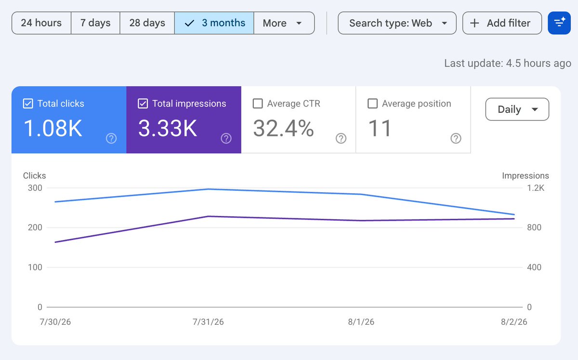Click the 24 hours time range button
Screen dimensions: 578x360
(x=41, y=23)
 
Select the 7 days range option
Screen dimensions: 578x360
(x=95, y=23)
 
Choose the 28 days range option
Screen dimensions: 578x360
(x=147, y=23)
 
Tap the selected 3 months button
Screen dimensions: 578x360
(x=214, y=23)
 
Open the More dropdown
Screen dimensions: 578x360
(x=284, y=23)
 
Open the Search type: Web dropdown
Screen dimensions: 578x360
(x=397, y=23)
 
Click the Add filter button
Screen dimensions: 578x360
(x=502, y=23)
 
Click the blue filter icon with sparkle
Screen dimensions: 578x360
(x=559, y=23)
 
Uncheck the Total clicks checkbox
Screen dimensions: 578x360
(x=28, y=104)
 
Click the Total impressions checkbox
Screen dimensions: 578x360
(x=143, y=104)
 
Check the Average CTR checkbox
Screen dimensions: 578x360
(x=258, y=104)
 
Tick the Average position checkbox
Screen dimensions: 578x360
(x=372, y=104)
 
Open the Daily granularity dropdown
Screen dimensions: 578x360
(x=517, y=109)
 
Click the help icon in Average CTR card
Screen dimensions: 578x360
(x=341, y=138)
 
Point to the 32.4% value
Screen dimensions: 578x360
(x=283, y=128)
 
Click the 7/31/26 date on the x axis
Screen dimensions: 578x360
(x=208, y=322)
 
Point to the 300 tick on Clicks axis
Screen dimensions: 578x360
(x=35, y=188)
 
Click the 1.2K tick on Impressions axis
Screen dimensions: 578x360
(x=536, y=188)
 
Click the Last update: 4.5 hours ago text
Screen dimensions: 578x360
(x=508, y=63)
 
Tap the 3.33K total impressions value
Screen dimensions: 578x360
(x=168, y=128)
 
